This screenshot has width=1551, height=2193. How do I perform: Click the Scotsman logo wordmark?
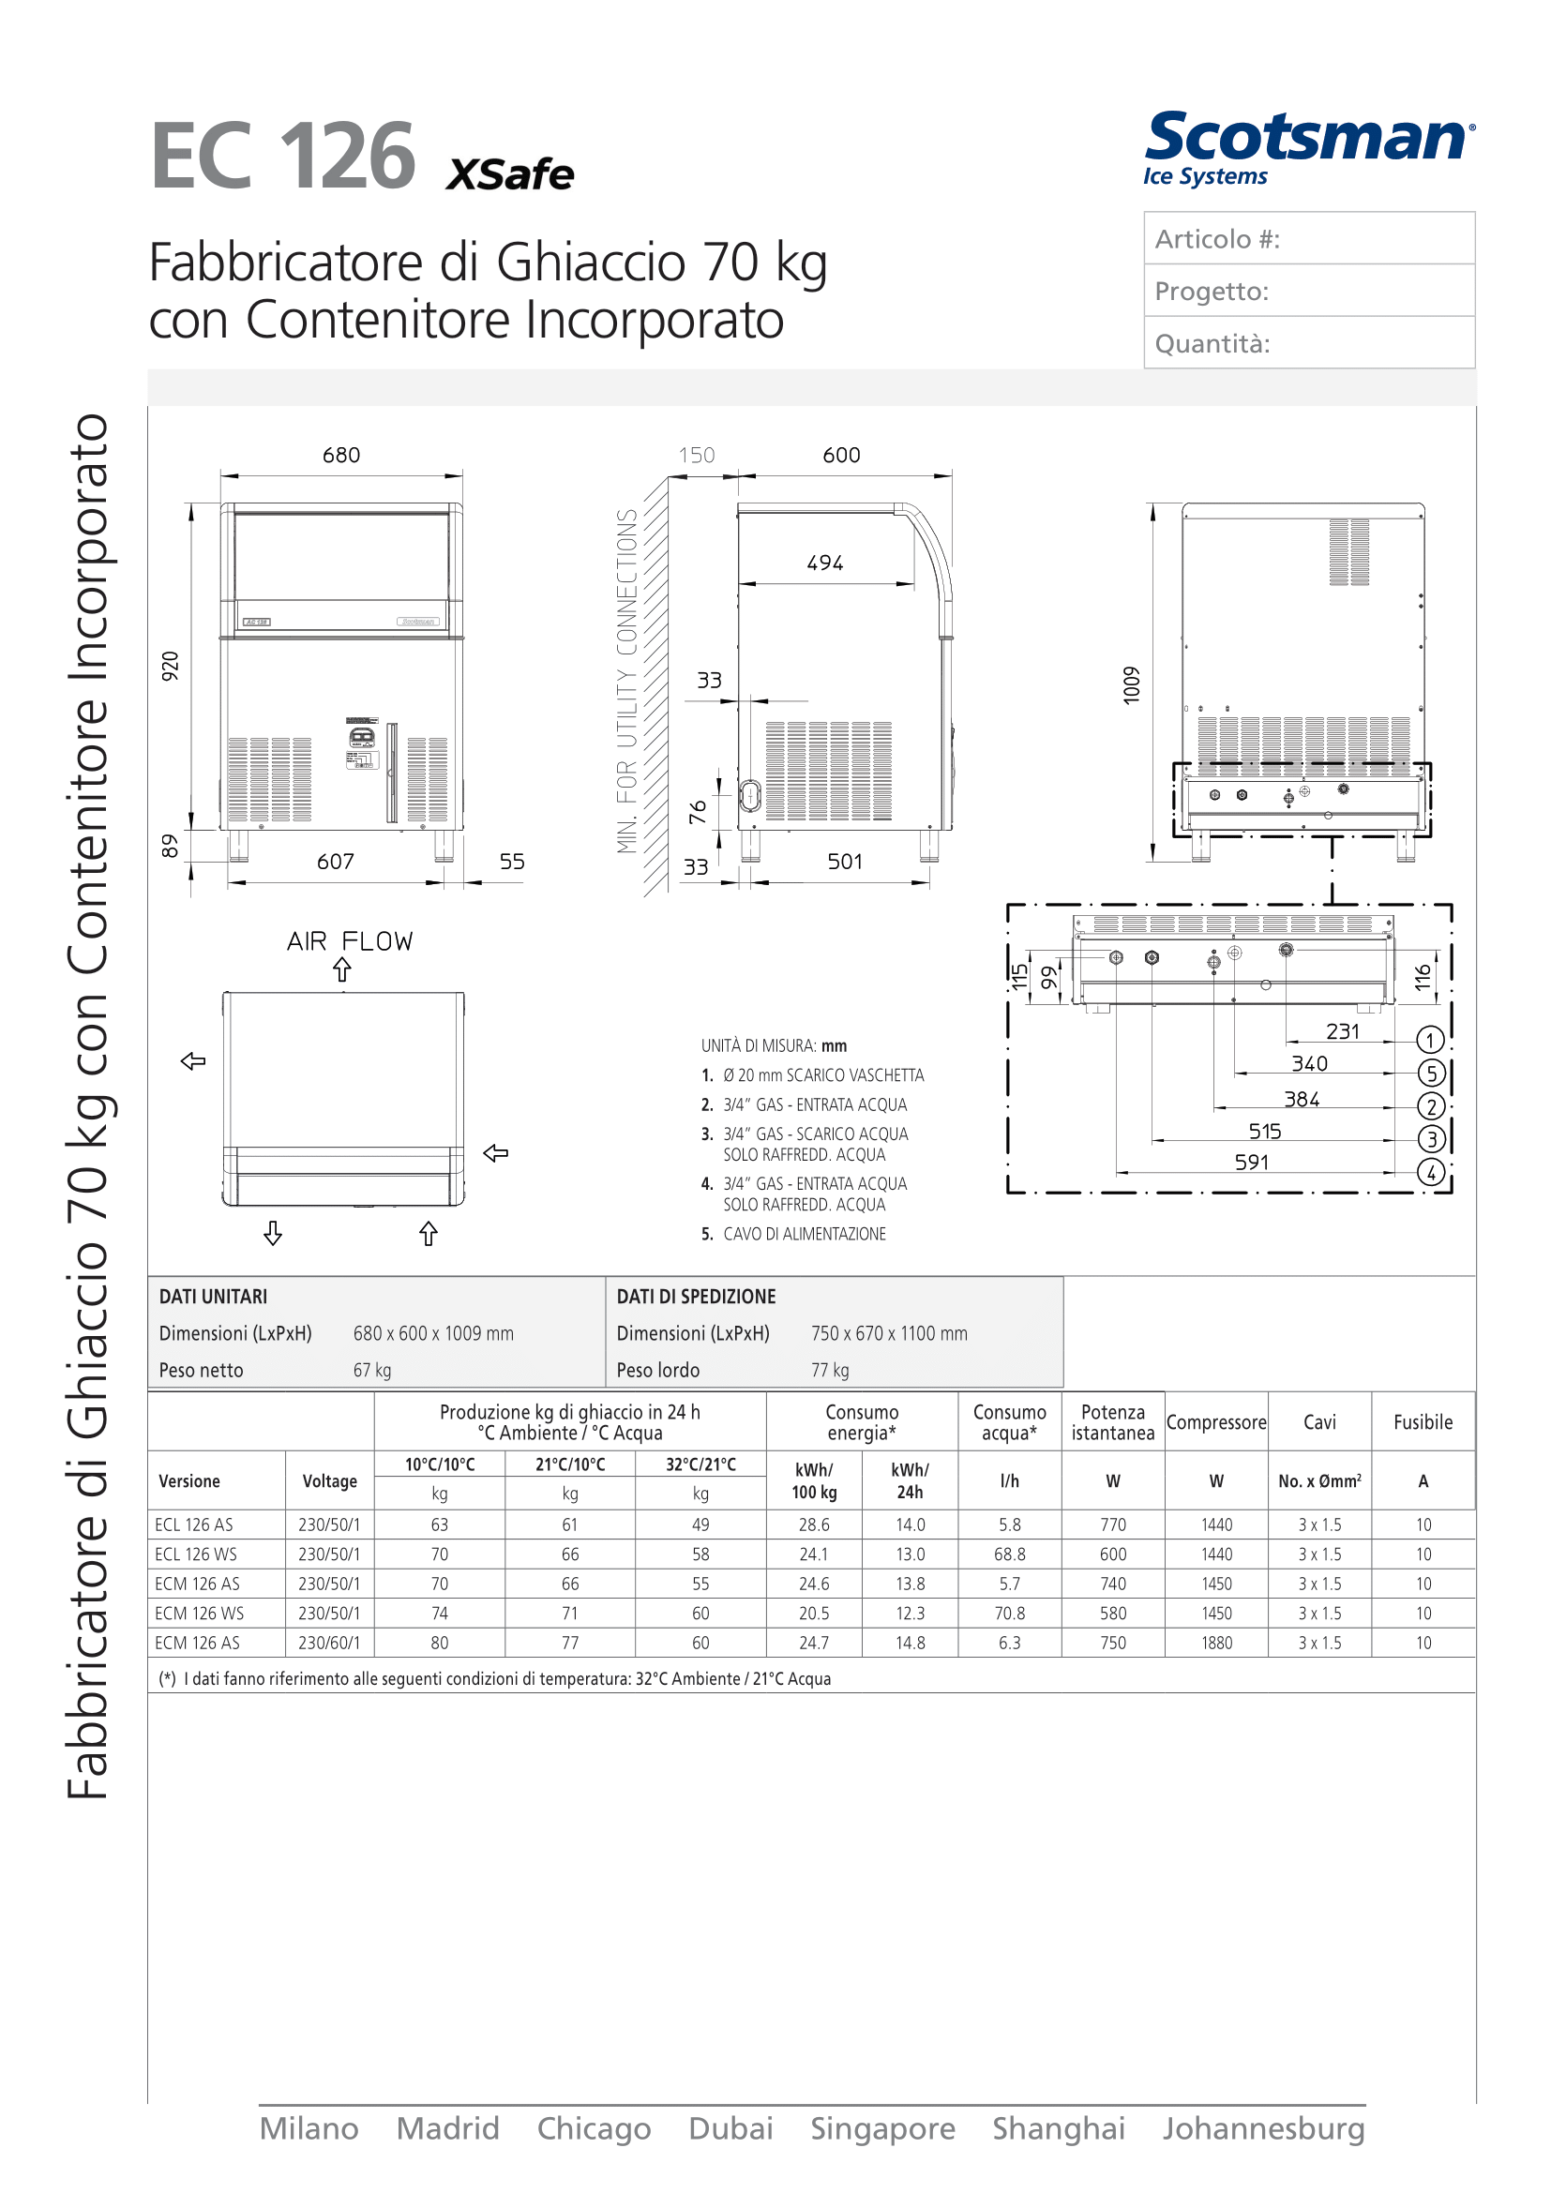point(1308,139)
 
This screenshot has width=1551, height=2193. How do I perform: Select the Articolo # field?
point(1308,239)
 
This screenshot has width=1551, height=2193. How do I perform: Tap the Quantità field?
point(1308,343)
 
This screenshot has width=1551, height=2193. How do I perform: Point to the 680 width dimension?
point(341,456)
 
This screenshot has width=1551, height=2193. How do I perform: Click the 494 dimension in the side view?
point(825,563)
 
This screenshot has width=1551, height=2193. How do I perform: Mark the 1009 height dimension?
point(1132,685)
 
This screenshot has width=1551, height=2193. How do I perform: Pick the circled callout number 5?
point(1430,1074)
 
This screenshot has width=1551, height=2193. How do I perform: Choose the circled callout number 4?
point(1430,1172)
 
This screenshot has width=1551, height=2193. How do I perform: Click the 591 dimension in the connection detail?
point(1251,1163)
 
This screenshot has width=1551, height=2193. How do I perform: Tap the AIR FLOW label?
point(350,941)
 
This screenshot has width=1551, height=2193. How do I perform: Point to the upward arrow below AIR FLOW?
point(342,970)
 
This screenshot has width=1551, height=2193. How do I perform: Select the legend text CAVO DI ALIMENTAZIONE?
point(805,1234)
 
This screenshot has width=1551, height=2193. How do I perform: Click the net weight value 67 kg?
point(372,1371)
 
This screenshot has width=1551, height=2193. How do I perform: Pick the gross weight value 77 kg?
point(830,1371)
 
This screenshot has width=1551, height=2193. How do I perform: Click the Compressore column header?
point(1216,1422)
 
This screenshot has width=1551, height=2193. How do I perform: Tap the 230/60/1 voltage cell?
point(328,1643)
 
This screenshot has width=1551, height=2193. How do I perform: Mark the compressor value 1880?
point(1216,1643)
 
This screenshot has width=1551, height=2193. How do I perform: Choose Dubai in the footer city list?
point(730,2129)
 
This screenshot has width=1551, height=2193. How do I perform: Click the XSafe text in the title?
point(510,174)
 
